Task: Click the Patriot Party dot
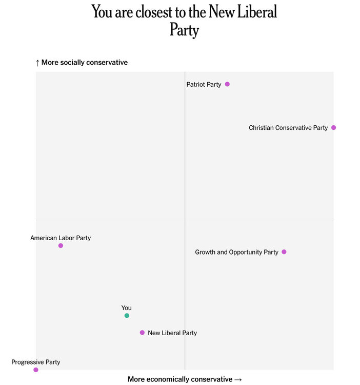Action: (227, 84)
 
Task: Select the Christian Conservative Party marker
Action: (333, 127)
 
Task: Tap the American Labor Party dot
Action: (61, 246)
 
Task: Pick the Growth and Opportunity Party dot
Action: (284, 252)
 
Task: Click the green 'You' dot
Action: (127, 316)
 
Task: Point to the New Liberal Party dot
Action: (142, 333)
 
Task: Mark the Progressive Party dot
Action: (36, 370)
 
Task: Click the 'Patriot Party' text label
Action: (204, 85)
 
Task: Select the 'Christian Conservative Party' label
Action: (288, 128)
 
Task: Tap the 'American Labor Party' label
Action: (61, 238)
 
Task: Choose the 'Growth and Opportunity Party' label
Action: (236, 253)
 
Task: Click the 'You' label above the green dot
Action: (127, 308)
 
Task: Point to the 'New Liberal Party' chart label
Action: (172, 333)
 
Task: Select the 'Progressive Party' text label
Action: (36, 362)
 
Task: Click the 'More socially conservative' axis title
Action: (85, 63)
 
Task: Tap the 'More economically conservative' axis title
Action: (180, 379)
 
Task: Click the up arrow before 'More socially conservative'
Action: (37, 63)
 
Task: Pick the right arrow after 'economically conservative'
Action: (238, 379)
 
